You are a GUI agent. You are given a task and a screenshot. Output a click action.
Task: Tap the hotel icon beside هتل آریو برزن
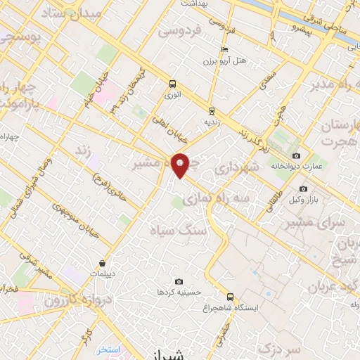tap(224, 49)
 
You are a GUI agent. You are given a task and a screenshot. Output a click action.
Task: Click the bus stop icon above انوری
tap(173, 82)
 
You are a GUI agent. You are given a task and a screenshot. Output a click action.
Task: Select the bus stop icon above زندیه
tap(212, 110)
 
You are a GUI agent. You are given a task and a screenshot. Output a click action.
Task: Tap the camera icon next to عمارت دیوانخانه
tap(296, 155)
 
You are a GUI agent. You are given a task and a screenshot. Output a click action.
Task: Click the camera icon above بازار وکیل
tap(303, 188)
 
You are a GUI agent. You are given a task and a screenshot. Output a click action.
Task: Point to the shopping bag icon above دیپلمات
tap(103, 264)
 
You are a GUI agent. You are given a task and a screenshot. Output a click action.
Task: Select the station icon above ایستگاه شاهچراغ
tap(230, 297)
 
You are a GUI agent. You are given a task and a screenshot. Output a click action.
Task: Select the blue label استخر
tap(109, 349)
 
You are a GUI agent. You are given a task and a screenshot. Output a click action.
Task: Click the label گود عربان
tap(334, 286)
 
